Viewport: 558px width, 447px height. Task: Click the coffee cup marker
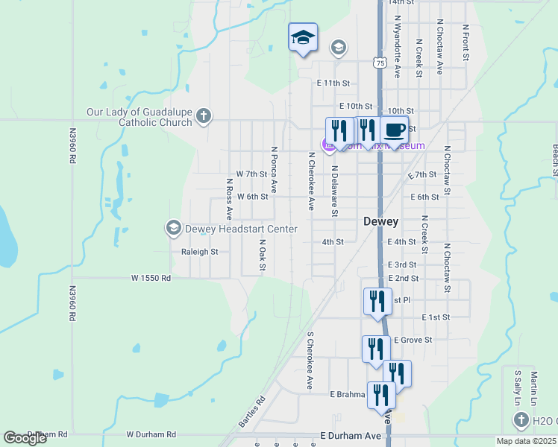395,130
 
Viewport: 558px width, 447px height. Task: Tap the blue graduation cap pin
303,37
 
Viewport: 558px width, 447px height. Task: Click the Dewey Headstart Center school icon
174,228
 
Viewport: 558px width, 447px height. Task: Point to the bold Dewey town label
380,221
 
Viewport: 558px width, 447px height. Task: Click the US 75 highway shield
380,63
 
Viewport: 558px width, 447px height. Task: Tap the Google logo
25,438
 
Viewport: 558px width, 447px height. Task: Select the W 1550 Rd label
151,278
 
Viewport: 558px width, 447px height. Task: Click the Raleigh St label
199,252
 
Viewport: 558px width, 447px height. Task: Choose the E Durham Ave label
350,435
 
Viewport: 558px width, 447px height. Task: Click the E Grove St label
413,340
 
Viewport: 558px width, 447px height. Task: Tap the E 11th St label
333,83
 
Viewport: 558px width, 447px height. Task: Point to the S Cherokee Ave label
310,360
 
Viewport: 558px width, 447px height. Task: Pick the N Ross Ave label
229,197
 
